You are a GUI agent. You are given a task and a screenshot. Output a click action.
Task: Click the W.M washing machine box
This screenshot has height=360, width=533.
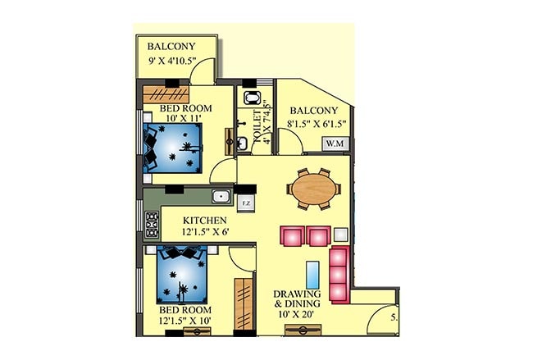335,144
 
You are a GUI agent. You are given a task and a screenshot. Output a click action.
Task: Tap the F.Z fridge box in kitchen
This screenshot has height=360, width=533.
246,203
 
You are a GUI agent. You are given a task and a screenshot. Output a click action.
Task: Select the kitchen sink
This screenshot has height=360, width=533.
221,197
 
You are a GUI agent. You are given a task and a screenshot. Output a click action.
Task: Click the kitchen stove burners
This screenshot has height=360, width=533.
152,224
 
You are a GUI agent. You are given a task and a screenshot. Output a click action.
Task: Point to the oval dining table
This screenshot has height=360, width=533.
314,189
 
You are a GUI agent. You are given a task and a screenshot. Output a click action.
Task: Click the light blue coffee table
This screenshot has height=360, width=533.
312,275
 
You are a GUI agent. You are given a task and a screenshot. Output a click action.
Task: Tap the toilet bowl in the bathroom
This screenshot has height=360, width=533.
252,98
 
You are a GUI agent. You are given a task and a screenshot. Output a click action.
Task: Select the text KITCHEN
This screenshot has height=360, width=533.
205,221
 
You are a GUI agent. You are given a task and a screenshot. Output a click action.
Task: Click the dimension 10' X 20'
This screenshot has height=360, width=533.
296,314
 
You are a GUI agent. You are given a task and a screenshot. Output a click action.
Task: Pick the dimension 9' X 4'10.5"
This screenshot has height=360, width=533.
172,61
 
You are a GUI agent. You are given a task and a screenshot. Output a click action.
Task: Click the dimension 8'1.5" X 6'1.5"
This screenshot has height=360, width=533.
317,123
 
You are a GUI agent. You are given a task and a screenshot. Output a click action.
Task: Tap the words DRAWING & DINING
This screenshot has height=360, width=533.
297,298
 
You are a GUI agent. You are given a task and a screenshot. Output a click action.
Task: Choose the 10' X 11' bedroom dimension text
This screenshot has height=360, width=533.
184,118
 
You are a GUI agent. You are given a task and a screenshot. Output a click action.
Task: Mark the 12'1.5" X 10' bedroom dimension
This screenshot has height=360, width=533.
185,320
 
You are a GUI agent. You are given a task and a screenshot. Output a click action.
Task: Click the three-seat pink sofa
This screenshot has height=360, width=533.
339,275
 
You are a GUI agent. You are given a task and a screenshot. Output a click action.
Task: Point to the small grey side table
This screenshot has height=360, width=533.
341,235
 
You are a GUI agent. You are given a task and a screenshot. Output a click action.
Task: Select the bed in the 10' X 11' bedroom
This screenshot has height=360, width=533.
173,148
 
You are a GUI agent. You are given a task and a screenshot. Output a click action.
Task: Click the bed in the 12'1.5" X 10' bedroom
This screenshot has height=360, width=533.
182,275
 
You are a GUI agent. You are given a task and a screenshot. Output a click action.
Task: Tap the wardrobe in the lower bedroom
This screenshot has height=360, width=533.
244,304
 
